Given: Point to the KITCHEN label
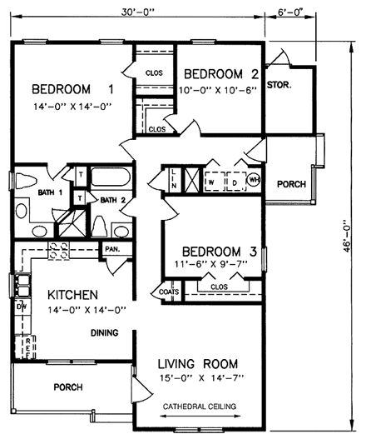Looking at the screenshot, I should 73,295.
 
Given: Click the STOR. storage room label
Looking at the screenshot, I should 278,83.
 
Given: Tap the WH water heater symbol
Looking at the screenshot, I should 254,179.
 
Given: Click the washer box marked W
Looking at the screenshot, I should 212,179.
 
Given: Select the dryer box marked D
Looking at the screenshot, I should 234,179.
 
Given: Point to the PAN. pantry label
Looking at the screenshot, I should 112,249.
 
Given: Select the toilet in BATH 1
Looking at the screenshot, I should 24,181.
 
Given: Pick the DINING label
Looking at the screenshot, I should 104,333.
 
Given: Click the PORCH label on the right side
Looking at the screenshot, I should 290,184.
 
